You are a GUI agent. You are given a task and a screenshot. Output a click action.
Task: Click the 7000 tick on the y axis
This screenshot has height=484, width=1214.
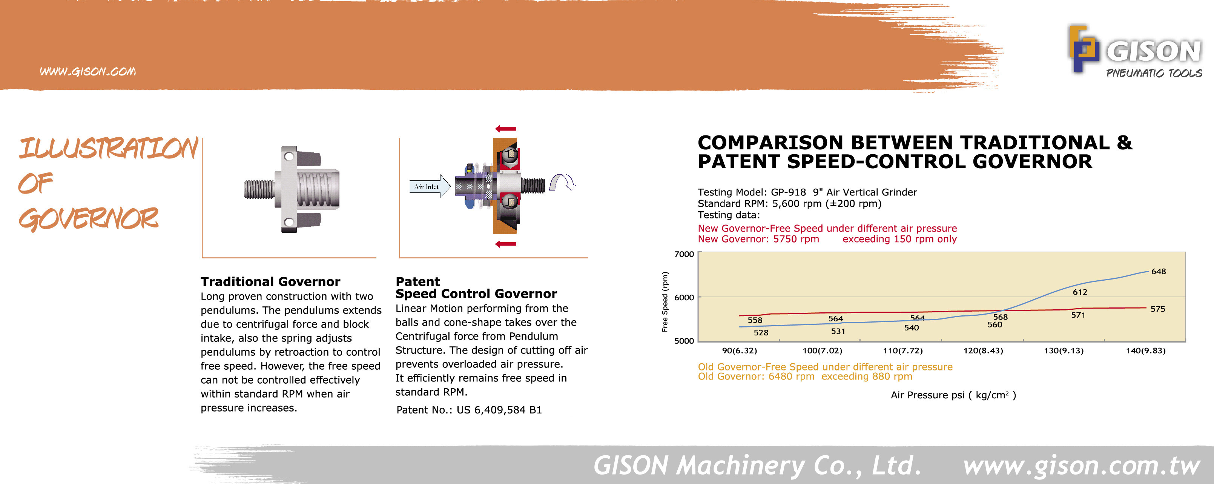[684, 254]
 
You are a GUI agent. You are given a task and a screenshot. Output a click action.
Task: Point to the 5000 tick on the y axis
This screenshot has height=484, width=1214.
[684, 341]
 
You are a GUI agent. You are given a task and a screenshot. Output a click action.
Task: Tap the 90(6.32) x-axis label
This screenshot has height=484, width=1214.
[740, 350]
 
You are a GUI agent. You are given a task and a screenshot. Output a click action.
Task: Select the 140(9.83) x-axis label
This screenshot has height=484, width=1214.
[1146, 350]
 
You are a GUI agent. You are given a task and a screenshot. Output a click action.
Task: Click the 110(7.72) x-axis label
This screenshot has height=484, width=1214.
[902, 350]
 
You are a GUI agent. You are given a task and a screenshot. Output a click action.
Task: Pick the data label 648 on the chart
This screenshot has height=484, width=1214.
[1159, 272]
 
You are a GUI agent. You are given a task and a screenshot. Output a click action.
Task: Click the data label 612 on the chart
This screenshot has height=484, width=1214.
[1080, 292]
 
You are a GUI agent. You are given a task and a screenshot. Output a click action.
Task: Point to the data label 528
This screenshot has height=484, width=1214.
[761, 333]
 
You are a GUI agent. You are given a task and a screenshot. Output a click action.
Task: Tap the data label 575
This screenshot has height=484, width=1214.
[1157, 309]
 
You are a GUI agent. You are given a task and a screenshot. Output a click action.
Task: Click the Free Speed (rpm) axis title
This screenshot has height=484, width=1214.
[665, 302]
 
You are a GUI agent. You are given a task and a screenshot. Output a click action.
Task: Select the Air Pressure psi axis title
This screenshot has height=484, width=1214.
[953, 395]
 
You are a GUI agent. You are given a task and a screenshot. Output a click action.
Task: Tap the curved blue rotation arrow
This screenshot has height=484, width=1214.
[563, 182]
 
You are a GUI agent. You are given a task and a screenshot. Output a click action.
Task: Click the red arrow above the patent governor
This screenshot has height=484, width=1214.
[506, 129]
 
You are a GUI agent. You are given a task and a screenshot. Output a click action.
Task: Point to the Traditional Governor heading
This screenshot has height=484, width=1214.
[270, 282]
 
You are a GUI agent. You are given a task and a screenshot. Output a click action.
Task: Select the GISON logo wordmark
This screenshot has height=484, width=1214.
[1154, 51]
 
